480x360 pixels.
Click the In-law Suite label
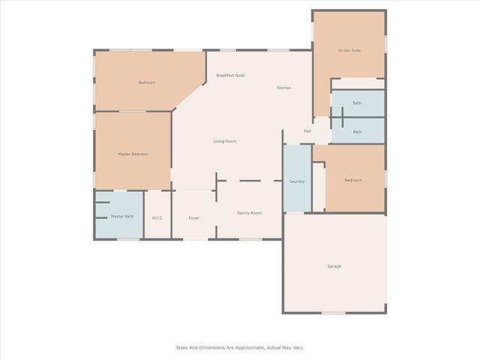pyautogui.click(x=349, y=50)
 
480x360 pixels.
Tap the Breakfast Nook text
pyautogui.click(x=230, y=75)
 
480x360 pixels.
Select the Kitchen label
pyautogui.click(x=283, y=88)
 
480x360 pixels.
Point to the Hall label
pyautogui.click(x=307, y=131)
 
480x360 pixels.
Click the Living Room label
pyautogui.click(x=224, y=141)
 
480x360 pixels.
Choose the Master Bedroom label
pyautogui.click(x=133, y=154)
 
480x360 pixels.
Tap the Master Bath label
pyautogui.click(x=122, y=217)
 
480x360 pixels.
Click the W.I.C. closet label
pyautogui.click(x=157, y=218)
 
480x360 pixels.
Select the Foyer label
pyautogui.click(x=193, y=218)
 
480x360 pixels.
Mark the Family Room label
pyautogui.click(x=249, y=213)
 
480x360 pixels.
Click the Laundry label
pyautogui.click(x=296, y=181)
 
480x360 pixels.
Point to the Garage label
pyautogui.click(x=334, y=266)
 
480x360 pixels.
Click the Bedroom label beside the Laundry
pyautogui.click(x=352, y=180)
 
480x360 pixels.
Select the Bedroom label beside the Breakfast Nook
pyautogui.click(x=146, y=82)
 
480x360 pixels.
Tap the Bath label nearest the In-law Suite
pyautogui.click(x=357, y=103)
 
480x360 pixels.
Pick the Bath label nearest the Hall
pyautogui.click(x=357, y=132)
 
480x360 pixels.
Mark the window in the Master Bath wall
pyautogui.click(x=128, y=238)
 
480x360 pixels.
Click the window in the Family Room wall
pyautogui.click(x=250, y=239)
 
